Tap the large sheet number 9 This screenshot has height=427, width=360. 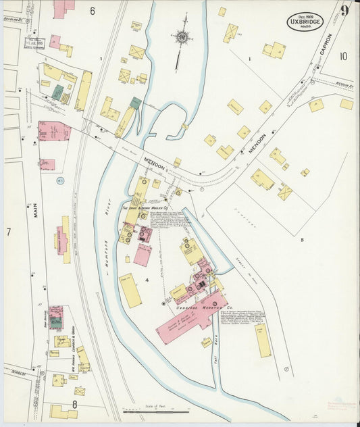tap(344, 11)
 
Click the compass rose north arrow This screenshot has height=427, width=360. tap(182, 36)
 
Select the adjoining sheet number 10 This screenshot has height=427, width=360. tap(343, 56)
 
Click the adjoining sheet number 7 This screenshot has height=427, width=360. tap(9, 232)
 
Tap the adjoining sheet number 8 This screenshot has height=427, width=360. tap(75, 405)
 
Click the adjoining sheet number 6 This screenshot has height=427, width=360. tap(92, 11)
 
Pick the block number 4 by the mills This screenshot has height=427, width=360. tap(147, 279)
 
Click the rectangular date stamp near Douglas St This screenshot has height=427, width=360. tap(34, 42)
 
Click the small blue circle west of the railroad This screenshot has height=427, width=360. tap(59, 180)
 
